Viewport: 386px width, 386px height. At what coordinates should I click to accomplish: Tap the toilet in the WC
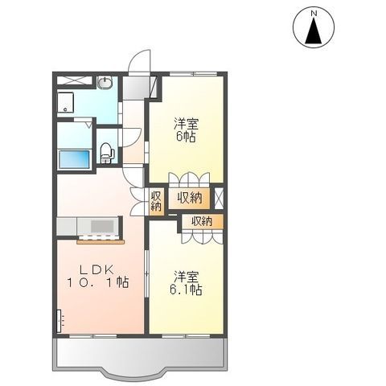click(105, 150)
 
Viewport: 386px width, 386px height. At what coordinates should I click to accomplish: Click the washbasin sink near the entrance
click(105, 83)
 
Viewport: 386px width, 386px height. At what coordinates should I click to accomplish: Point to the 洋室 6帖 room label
click(187, 129)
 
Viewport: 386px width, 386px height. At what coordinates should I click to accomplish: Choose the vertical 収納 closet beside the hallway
click(156, 201)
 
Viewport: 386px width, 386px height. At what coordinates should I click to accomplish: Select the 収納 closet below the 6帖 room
click(190, 197)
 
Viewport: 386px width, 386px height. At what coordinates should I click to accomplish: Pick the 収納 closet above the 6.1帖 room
click(201, 221)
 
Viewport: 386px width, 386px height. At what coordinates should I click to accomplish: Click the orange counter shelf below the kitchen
click(99, 239)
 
